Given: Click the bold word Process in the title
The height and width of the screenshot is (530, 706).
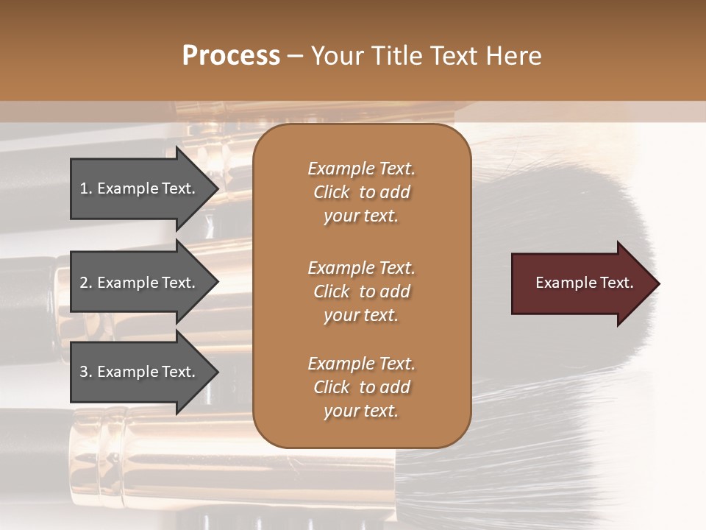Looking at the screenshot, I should pyautogui.click(x=231, y=56).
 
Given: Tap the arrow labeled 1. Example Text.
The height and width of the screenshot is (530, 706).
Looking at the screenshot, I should pyautogui.click(x=140, y=188).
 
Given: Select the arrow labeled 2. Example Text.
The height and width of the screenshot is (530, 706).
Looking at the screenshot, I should pyautogui.click(x=140, y=283).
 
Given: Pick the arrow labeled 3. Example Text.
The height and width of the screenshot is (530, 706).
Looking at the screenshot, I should pyautogui.click(x=140, y=372).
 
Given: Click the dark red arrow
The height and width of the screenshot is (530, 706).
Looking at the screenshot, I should pyautogui.click(x=581, y=283).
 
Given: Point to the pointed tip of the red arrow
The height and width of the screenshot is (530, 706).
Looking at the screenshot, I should pyautogui.click(x=657, y=283).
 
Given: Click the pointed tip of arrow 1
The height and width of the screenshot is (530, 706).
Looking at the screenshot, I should pyautogui.click(x=217, y=188).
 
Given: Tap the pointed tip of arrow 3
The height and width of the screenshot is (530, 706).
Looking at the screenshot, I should pyautogui.click(x=217, y=372).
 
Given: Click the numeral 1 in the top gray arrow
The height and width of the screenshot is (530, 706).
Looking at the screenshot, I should pyautogui.click(x=84, y=188).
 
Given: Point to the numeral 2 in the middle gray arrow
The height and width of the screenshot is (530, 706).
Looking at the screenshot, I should pyautogui.click(x=84, y=283).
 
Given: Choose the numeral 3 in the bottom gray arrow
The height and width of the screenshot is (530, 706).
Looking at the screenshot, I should pyautogui.click(x=84, y=372).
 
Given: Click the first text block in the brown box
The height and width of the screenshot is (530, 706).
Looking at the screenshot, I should pyautogui.click(x=361, y=192).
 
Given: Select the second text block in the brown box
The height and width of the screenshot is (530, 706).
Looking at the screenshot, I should pyautogui.click(x=361, y=291).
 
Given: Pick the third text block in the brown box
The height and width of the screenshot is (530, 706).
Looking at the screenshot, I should pyautogui.click(x=361, y=387).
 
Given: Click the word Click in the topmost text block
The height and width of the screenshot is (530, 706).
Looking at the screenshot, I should pyautogui.click(x=331, y=193).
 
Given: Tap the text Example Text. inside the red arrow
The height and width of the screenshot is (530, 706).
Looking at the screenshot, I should pyautogui.click(x=585, y=283).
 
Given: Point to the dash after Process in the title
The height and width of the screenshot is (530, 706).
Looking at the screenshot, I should pyautogui.click(x=296, y=56).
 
